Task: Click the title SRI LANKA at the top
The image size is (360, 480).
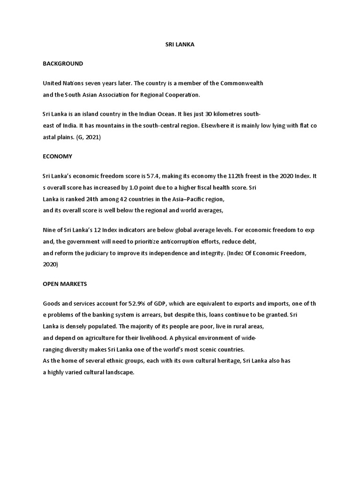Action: tap(180, 45)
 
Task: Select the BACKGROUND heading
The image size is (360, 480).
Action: tap(63, 63)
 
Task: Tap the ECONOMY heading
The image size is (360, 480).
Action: tap(58, 156)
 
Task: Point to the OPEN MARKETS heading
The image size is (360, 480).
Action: tap(65, 284)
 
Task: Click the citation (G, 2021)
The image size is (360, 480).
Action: tap(95, 138)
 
